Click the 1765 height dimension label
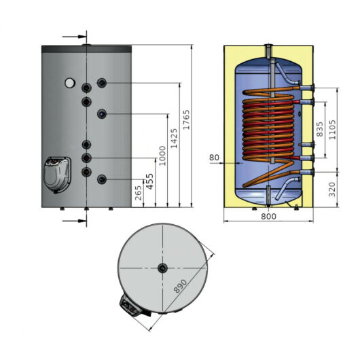click(x=186, y=120)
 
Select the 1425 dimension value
click(x=175, y=138)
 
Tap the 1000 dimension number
click(x=162, y=156)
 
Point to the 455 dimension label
click(x=149, y=181)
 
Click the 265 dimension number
click(x=138, y=193)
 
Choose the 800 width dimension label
click(x=268, y=216)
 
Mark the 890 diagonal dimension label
click(x=181, y=286)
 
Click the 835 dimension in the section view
click(x=319, y=129)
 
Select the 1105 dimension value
click(x=332, y=130)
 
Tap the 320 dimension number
click(x=332, y=190)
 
